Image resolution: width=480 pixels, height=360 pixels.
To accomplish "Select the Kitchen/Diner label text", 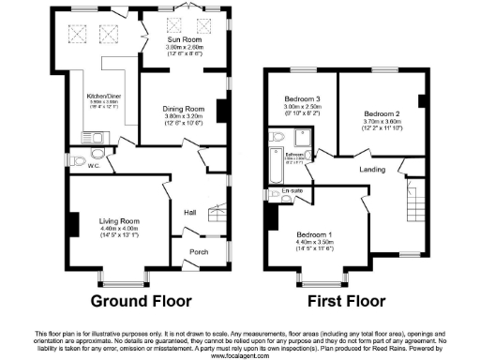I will click(x=103, y=96).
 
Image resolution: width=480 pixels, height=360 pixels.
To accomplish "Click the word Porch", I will click(x=199, y=251).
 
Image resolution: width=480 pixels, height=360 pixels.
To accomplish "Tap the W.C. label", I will click(x=93, y=166).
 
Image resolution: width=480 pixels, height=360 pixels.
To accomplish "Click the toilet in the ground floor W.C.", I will click(x=98, y=155).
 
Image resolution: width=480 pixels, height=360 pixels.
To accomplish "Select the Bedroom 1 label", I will click(x=314, y=233).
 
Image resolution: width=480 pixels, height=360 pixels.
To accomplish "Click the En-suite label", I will click(x=291, y=192).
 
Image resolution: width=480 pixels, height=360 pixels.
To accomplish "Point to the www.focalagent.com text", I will click(x=240, y=356).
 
